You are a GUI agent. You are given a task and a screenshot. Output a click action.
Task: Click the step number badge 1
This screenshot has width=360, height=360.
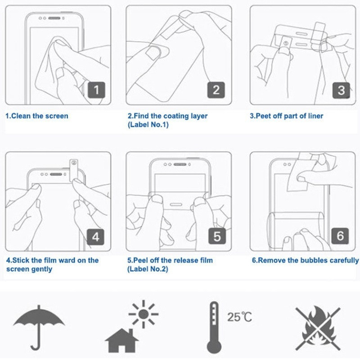96,90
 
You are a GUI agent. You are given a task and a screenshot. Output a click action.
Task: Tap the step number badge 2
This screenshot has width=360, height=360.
216,90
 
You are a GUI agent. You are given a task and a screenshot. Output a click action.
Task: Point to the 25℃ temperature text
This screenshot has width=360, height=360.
240,317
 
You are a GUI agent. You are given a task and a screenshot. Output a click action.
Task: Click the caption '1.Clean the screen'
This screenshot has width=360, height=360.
36,116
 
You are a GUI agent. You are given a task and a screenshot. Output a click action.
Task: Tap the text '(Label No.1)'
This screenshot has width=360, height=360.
148,125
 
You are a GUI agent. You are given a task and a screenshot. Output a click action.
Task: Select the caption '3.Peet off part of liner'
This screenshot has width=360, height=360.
287,116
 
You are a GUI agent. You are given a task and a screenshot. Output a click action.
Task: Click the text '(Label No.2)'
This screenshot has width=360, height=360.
148,269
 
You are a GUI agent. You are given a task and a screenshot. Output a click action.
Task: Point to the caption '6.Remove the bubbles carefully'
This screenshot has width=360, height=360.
305,261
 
